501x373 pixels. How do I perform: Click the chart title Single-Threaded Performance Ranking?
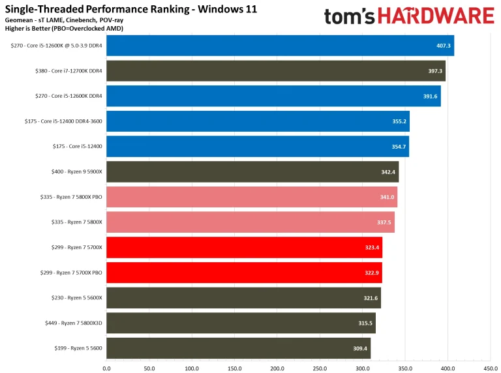(x=130, y=9)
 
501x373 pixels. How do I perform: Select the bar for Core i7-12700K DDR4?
(x=275, y=71)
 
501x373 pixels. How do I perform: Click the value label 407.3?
(x=444, y=46)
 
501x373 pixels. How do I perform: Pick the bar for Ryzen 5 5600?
(x=238, y=348)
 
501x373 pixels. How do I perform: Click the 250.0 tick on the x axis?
(x=320, y=368)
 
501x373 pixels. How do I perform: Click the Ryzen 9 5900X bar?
(x=252, y=172)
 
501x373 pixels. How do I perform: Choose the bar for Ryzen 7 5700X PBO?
(x=243, y=273)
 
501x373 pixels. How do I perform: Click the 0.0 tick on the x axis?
(x=107, y=368)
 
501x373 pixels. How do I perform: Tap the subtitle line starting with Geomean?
(x=67, y=21)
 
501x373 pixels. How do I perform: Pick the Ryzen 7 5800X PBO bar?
(x=251, y=197)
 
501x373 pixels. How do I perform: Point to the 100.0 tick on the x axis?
(x=192, y=368)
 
